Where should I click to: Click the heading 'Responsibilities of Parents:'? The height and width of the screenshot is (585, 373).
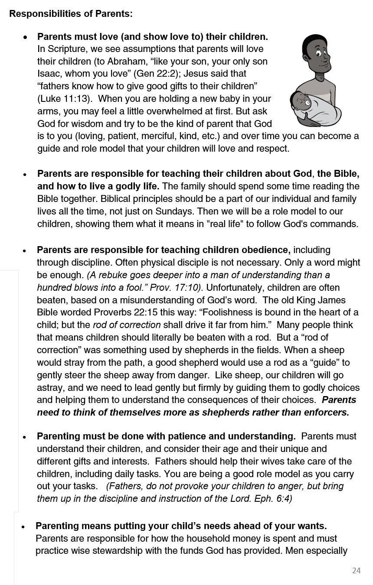(x=71, y=14)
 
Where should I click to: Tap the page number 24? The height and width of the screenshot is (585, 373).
(x=356, y=570)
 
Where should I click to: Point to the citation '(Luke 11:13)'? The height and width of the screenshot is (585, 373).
(x=65, y=99)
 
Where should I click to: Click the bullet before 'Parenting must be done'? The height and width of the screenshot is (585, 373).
(x=25, y=437)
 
